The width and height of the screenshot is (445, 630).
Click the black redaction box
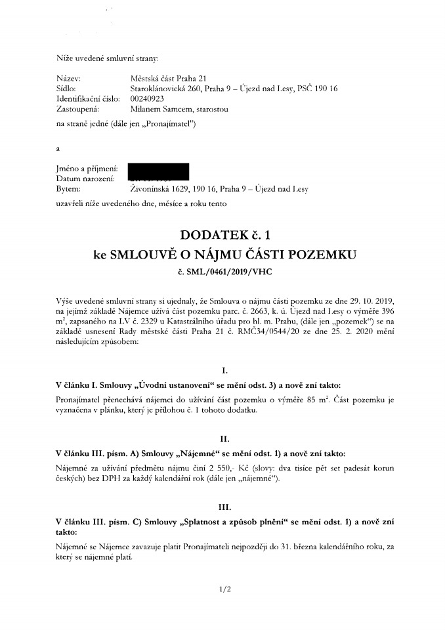tap(158, 172)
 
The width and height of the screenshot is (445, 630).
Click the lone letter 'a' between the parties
tap(59, 148)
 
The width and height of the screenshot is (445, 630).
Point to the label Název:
tap(69, 77)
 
